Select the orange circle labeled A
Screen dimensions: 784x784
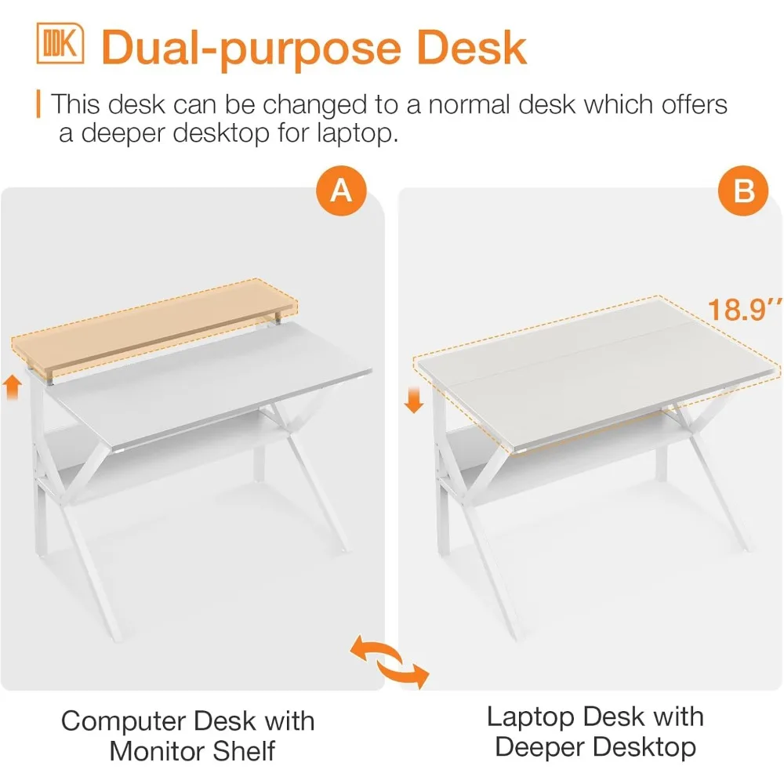341,191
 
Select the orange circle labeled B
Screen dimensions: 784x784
742,191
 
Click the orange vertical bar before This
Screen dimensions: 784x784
39,104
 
